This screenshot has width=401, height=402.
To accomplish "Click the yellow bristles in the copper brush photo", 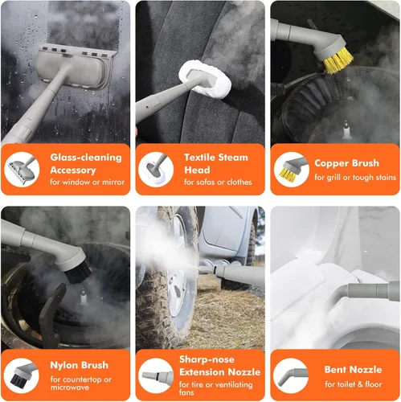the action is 338,62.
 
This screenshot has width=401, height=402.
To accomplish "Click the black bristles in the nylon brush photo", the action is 78,273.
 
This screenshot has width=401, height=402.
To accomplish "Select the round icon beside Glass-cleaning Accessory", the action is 22,170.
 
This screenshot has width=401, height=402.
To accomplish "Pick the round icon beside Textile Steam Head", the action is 156,170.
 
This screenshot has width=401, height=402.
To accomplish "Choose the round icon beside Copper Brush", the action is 292,170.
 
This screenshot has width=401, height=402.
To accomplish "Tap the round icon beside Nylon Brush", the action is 22,375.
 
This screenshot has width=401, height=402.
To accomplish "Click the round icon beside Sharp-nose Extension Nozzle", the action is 156,375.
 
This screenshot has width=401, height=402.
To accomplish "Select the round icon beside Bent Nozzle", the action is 291,375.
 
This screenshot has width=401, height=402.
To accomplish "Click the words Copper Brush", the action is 346,163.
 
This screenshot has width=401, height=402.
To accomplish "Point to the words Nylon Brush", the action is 80,365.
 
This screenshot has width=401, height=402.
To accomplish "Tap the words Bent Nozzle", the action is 353,370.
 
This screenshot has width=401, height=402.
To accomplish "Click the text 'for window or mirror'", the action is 87,183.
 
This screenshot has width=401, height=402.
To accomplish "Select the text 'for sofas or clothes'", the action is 218,183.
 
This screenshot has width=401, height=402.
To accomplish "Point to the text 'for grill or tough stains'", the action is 355,178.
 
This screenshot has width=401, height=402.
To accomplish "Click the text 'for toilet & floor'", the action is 354,384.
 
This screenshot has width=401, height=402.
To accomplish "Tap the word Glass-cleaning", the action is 86,158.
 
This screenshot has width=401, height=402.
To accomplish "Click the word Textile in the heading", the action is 200,158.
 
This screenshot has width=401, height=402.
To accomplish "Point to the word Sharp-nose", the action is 207,359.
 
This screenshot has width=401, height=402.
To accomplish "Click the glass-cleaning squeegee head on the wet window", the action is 76,67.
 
